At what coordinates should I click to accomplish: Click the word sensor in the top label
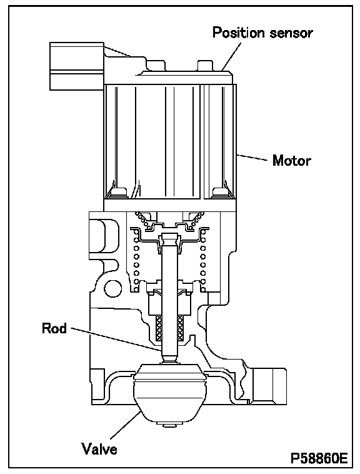pos(291,34)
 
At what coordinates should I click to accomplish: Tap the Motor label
pos(291,161)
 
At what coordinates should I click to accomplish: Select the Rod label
pos(54,328)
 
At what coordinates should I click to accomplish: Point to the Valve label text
pos(99,448)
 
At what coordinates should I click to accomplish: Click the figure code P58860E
pos(319,458)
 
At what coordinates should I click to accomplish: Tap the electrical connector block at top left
pos(77,66)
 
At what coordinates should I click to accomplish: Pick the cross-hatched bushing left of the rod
pos(159,327)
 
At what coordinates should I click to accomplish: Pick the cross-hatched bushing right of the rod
pos(181,327)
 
